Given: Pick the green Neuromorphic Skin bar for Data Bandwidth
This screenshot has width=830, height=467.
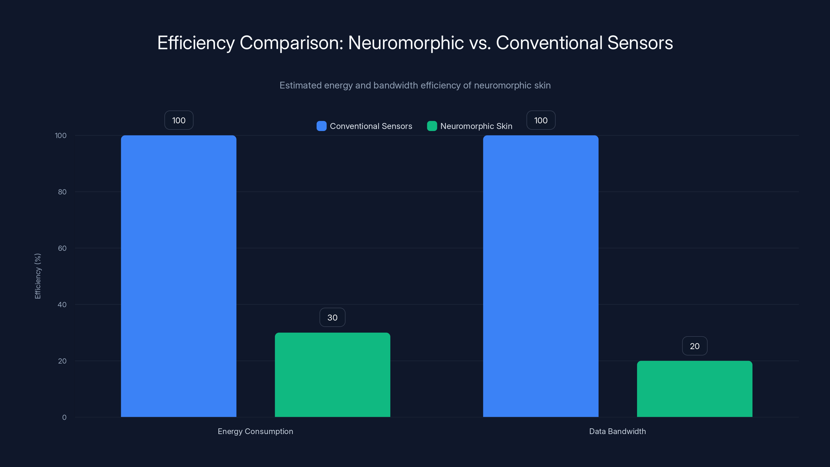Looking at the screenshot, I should coord(694,389).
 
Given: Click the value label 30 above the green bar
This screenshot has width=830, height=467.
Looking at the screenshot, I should coord(332,318).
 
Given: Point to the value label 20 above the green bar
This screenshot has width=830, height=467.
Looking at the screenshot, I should coord(694,346).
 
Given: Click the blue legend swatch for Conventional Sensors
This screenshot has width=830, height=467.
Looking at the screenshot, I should coord(321,126).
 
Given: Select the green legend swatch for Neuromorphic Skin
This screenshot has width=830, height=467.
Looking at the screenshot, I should coord(432,126).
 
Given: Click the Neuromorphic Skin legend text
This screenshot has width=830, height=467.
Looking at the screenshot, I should coord(476,126).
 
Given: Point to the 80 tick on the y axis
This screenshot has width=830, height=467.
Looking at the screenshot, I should coord(62,192).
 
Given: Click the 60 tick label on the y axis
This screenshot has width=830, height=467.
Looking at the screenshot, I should coord(62,248).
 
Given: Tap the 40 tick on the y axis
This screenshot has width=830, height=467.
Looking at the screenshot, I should coord(62,305).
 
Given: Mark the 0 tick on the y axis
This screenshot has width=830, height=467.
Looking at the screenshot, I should coord(64,417).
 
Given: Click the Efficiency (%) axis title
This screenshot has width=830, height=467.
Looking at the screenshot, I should coord(38,276).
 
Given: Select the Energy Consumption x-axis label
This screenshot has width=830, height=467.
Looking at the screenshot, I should coord(255,431).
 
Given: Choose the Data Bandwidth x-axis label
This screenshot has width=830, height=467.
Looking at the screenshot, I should coord(617,431).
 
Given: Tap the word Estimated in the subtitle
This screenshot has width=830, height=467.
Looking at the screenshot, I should coord(300,85).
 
